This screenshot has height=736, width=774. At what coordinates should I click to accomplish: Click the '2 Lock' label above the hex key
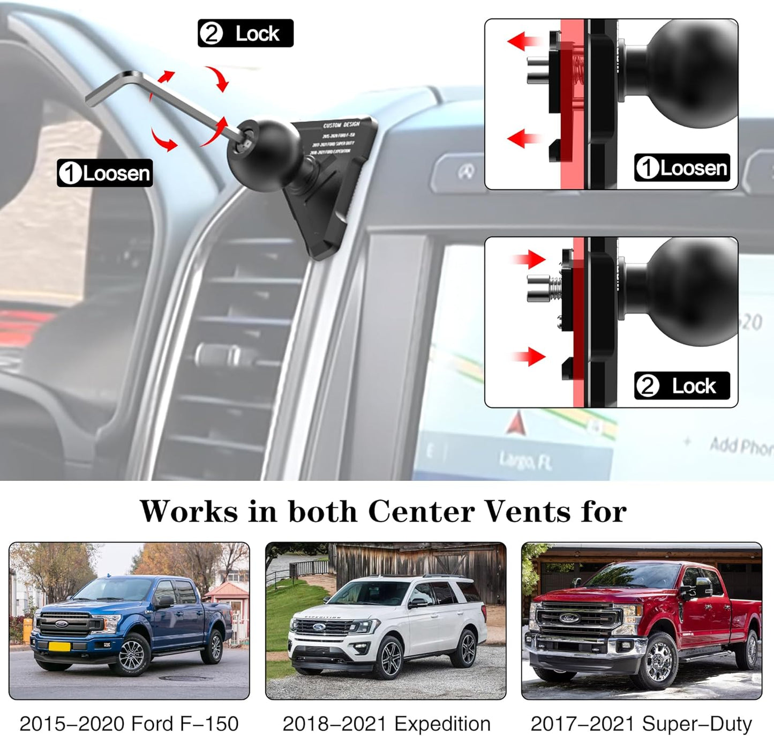(245, 33)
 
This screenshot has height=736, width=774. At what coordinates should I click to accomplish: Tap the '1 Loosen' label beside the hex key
(105, 173)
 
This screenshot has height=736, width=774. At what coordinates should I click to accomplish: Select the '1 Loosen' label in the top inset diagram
(682, 168)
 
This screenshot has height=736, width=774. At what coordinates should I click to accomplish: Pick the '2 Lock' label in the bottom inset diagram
(682, 386)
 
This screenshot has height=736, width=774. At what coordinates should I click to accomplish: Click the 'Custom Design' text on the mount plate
(341, 125)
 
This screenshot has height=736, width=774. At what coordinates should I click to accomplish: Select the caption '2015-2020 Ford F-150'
(129, 724)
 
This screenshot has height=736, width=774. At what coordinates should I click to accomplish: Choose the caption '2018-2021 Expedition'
(386, 724)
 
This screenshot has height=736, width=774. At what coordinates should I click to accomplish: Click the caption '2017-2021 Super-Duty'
(641, 724)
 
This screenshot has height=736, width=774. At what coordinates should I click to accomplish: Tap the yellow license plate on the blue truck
(59, 646)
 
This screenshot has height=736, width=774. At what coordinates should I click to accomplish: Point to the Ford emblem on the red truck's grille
(569, 618)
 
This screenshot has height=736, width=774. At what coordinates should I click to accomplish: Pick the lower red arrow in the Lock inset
(529, 356)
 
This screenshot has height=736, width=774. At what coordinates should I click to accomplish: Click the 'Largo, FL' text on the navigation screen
(525, 460)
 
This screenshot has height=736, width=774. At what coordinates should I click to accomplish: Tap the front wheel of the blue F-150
(131, 655)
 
